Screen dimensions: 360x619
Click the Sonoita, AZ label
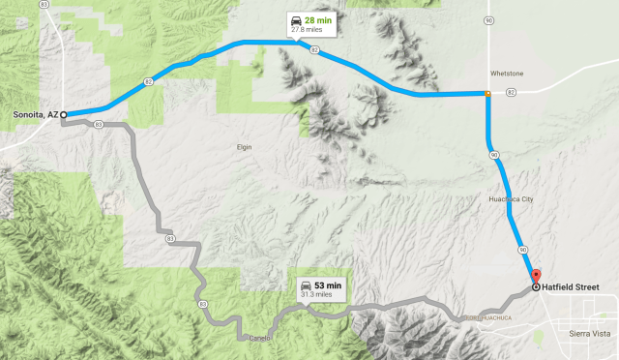(x=34, y=114)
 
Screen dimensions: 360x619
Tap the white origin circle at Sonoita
(x=64, y=114)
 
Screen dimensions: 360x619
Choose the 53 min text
(x=328, y=285)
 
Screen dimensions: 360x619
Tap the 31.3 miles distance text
(x=317, y=295)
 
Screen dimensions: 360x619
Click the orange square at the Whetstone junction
(x=487, y=94)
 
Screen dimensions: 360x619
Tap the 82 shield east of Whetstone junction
(x=510, y=93)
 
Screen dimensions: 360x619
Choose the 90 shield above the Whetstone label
(x=490, y=19)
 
